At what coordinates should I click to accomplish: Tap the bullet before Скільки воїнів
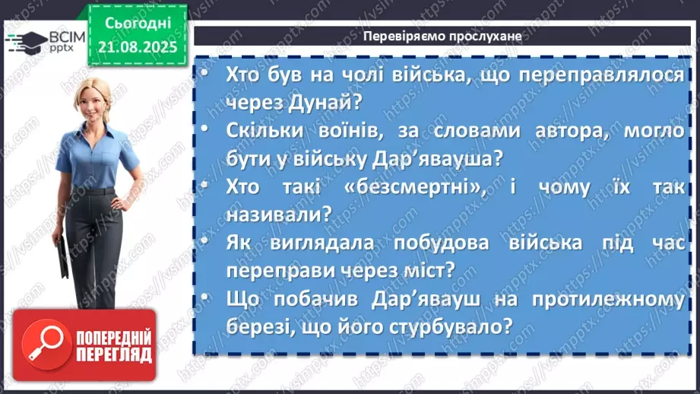coord(207,132)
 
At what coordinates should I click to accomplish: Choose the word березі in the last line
coord(261,327)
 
